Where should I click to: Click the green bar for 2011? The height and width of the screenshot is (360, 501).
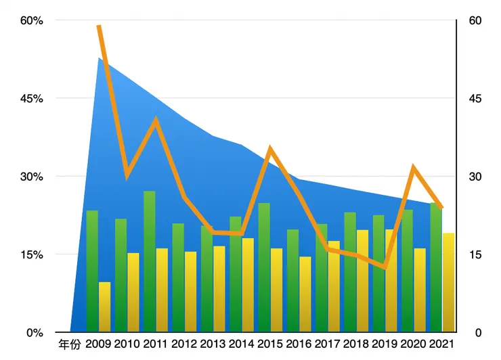[x=149, y=261]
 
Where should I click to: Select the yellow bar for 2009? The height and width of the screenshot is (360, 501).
[x=104, y=307]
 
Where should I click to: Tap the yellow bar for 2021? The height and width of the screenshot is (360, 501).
[x=448, y=282]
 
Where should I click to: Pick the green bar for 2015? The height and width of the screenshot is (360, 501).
[x=264, y=267]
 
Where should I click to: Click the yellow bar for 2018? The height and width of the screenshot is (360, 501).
[x=362, y=281]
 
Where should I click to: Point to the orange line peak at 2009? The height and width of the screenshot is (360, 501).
[x=99, y=26]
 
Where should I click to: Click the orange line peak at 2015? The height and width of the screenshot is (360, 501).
[x=270, y=148]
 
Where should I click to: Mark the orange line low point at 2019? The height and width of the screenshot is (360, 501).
[x=385, y=267]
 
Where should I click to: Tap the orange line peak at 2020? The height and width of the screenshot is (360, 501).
[x=413, y=166]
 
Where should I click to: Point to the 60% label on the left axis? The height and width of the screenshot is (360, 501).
[x=30, y=20]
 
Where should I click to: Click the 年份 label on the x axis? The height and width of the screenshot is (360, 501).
[x=70, y=344]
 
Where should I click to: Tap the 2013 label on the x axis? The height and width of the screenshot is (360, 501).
[x=213, y=344]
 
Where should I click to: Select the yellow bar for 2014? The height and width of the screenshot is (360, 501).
[x=248, y=285]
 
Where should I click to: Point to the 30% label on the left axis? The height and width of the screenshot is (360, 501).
[x=30, y=177]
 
